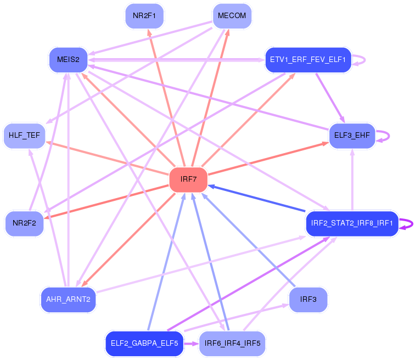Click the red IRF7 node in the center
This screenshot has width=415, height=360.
(188, 180)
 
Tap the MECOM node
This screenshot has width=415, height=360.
(232, 16)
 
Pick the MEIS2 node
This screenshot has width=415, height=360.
(69, 59)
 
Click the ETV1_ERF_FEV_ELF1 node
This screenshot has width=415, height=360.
(307, 59)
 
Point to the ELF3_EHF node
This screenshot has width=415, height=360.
(351, 135)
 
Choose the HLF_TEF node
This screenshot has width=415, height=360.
(24, 136)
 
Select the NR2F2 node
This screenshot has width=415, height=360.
(24, 223)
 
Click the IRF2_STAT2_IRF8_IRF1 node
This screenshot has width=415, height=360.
(351, 223)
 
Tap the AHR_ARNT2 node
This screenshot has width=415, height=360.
(69, 300)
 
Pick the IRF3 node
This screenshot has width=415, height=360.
(308, 300)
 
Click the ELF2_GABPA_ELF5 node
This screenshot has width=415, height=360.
(144, 344)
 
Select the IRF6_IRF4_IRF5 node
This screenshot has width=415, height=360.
(232, 344)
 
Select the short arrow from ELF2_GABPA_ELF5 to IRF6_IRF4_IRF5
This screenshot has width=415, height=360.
(190, 344)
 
